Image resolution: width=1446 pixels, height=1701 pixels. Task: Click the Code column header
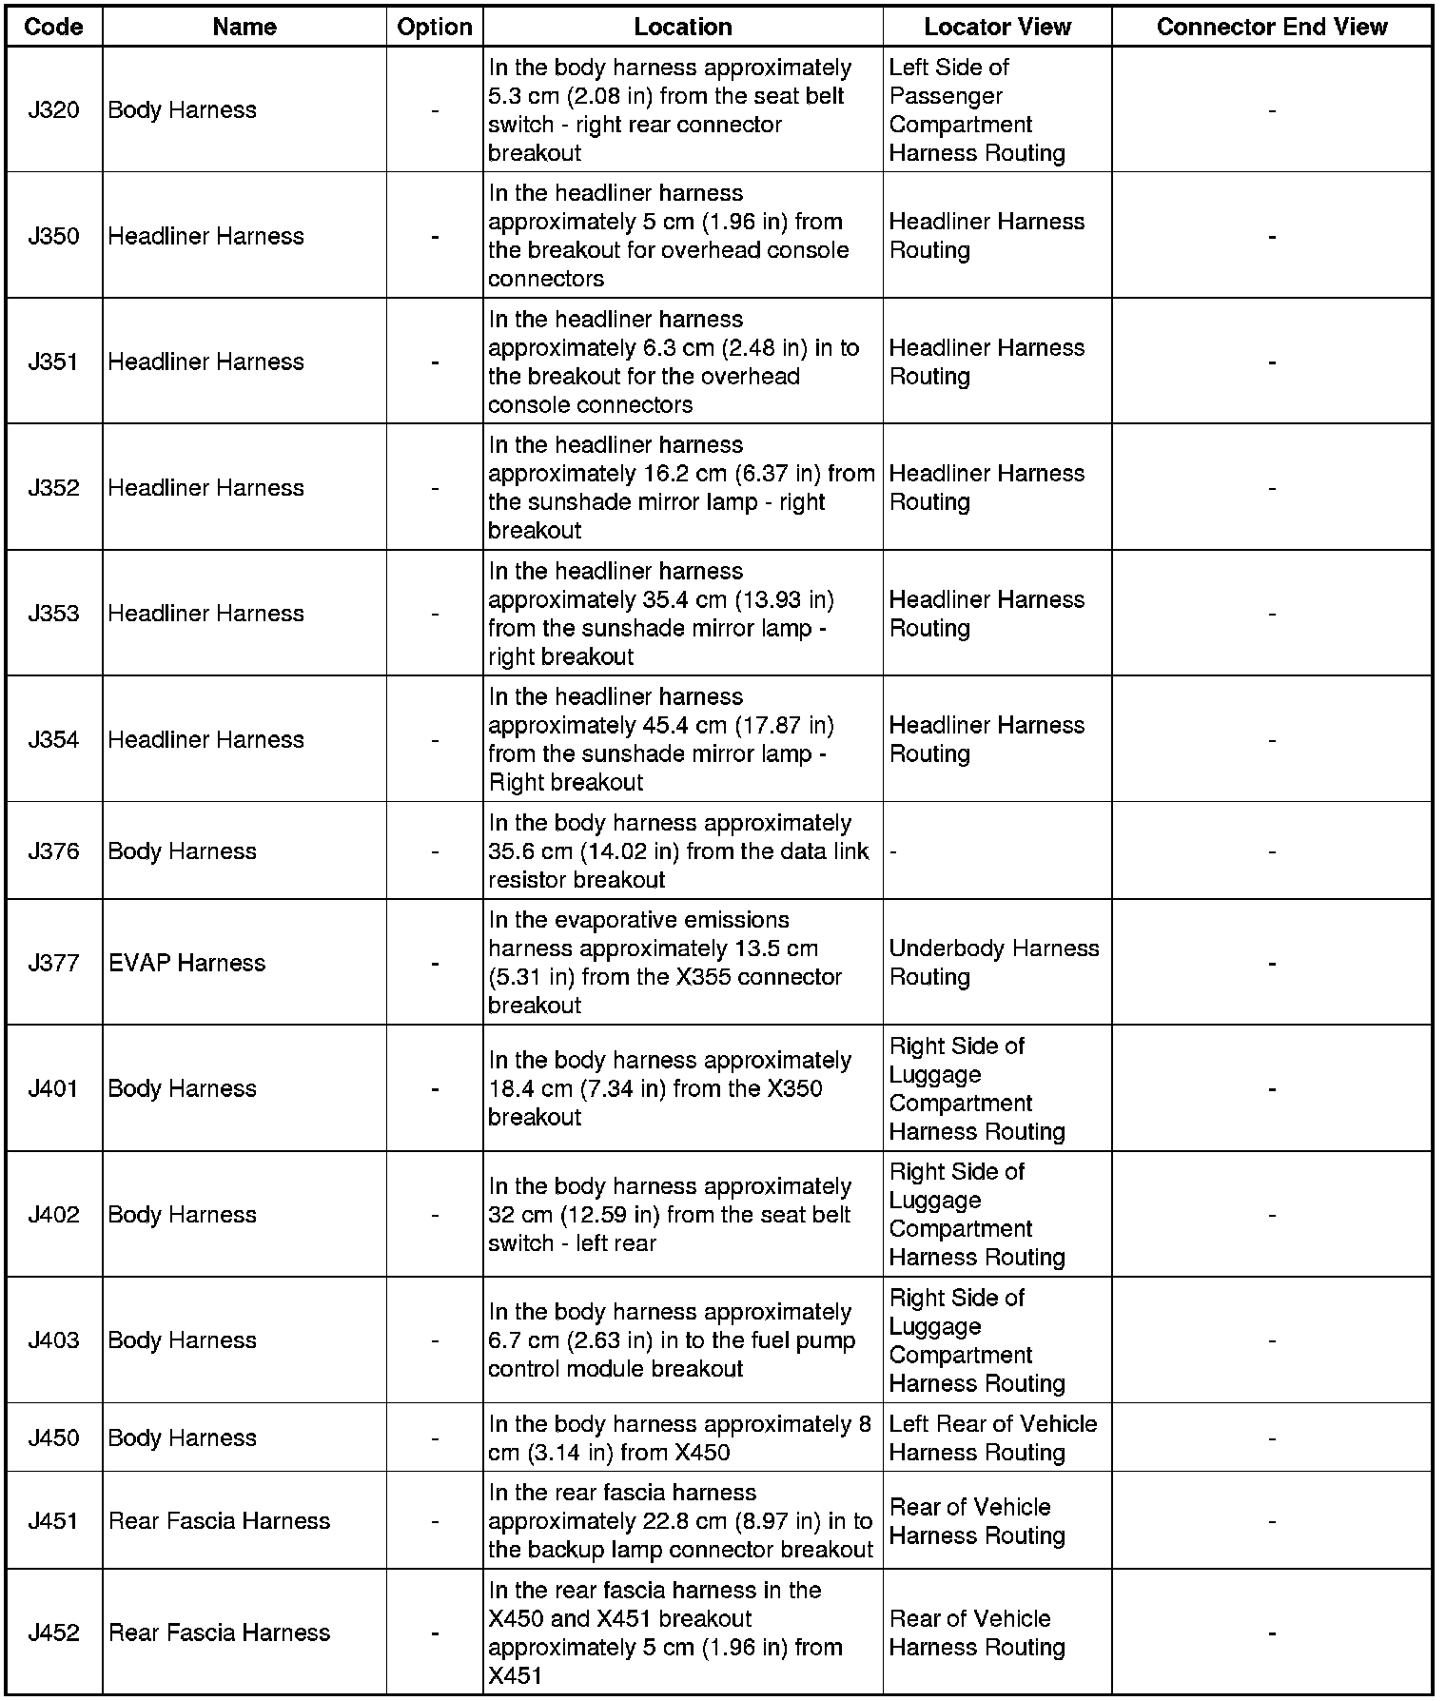tap(53, 27)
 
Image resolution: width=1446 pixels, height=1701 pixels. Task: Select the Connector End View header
tap(1271, 27)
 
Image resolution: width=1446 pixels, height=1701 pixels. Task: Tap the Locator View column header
tap(997, 27)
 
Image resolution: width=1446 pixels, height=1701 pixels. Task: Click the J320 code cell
tap(53, 110)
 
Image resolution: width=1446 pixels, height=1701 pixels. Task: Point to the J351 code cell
tap(53, 362)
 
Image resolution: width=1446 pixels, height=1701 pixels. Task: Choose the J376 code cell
tap(53, 850)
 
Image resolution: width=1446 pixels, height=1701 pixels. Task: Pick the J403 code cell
tap(53, 1339)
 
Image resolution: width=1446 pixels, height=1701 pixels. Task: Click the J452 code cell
tap(53, 1633)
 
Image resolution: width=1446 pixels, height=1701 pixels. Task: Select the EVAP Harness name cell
tap(186, 963)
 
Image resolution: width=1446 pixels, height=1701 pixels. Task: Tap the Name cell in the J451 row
tap(219, 1520)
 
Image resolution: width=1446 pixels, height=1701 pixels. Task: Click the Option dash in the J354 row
tap(435, 740)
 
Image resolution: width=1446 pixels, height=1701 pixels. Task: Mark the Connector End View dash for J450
tap(1271, 1438)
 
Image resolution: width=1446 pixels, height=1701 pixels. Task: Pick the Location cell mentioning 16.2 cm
tap(681, 487)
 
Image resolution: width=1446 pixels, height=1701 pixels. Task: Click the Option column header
tap(435, 27)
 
